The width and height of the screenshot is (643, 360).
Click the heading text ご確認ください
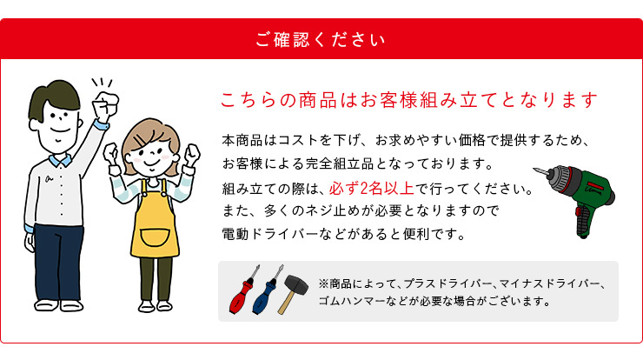point(321,40)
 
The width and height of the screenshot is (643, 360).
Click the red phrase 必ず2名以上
point(372,189)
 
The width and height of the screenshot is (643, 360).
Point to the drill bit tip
point(534,169)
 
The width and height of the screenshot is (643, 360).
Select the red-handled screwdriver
point(244,289)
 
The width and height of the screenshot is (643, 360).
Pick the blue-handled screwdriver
point(268,290)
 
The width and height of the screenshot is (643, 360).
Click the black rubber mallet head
point(297,284)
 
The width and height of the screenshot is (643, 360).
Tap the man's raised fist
point(105,103)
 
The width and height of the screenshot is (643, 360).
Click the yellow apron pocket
point(155,238)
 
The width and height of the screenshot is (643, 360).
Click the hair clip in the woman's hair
point(140,140)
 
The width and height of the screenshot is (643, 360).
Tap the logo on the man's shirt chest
point(50,178)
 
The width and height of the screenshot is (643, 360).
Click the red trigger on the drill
point(578,212)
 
